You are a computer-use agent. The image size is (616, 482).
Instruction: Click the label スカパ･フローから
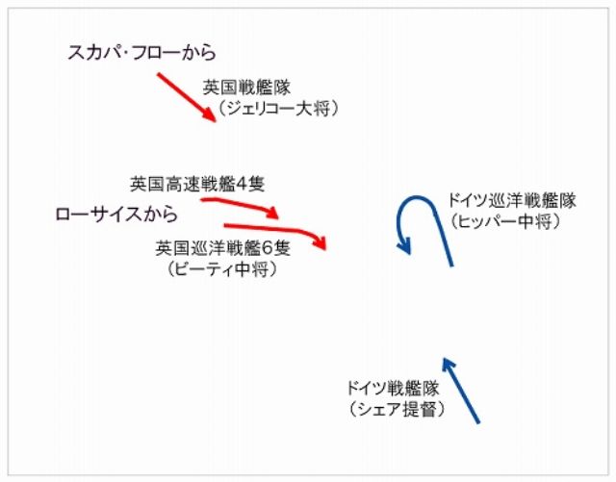(x=141, y=53)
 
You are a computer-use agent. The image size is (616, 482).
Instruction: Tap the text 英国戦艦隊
(x=246, y=88)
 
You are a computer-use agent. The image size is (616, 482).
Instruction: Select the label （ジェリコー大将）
(x=277, y=108)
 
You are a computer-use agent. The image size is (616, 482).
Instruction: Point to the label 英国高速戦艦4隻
(x=197, y=184)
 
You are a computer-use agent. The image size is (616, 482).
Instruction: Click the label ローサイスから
(x=116, y=215)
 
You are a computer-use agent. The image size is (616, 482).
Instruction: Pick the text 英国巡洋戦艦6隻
(x=222, y=248)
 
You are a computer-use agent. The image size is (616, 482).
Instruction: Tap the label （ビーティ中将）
(x=222, y=269)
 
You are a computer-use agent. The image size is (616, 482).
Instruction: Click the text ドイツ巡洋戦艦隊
(x=511, y=200)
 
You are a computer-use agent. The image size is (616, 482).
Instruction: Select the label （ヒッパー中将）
(x=505, y=221)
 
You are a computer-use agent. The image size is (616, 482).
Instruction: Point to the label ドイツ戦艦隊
(x=393, y=388)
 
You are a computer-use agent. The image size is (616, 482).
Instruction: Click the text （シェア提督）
(x=397, y=409)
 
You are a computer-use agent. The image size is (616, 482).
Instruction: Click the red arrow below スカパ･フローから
(x=187, y=97)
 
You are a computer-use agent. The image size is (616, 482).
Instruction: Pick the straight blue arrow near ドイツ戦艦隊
(x=461, y=390)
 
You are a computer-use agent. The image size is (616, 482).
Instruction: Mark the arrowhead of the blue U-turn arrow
(x=404, y=246)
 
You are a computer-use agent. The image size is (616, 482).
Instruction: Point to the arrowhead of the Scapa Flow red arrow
(x=211, y=116)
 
